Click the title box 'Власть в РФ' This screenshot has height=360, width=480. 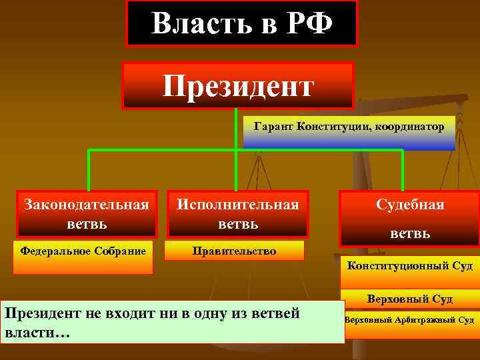tap(242, 23)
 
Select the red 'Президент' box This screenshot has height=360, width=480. tap(237, 85)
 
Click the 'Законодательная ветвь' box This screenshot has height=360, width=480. tap(87, 213)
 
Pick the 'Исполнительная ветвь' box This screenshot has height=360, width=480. tap(237, 213)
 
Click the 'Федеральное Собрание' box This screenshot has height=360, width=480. tap(83, 257)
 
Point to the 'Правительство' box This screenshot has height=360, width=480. tap(234, 251)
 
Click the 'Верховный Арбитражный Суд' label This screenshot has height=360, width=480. tap(409, 320)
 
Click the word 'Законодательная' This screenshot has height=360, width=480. tap(87, 203)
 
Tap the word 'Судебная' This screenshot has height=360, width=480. tap(409, 205)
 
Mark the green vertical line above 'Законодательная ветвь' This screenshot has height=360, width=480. tap(89, 170)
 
